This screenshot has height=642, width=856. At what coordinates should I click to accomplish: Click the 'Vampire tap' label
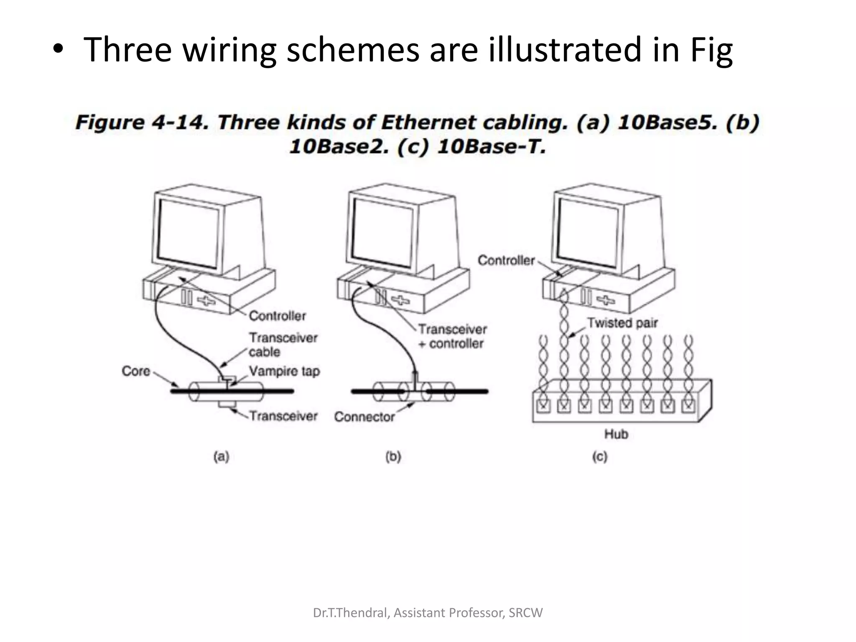tap(284, 371)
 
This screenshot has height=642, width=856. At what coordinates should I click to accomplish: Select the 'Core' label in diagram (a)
tap(136, 371)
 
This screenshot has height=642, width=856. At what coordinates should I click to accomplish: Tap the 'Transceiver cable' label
tap(283, 344)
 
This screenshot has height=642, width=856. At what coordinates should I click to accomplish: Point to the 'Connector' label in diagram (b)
tap(364, 417)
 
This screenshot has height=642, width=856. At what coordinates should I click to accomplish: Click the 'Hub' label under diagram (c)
tap(616, 434)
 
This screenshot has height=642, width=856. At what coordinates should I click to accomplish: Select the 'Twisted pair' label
tap(622, 323)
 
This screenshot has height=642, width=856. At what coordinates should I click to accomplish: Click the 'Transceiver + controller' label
tap(452, 336)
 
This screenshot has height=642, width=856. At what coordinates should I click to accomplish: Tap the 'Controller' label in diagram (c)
tap(506, 260)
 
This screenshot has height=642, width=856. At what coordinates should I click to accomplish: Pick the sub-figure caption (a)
tap(222, 456)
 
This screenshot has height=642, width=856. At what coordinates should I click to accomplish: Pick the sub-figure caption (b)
tap(393, 456)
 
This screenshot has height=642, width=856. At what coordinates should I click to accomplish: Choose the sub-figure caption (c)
tap(600, 456)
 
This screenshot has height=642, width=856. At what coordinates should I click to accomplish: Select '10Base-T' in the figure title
tap(492, 147)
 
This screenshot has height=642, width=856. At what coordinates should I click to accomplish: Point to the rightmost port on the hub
tap(688, 405)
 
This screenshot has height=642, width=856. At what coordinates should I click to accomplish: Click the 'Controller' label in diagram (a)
tap(278, 316)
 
